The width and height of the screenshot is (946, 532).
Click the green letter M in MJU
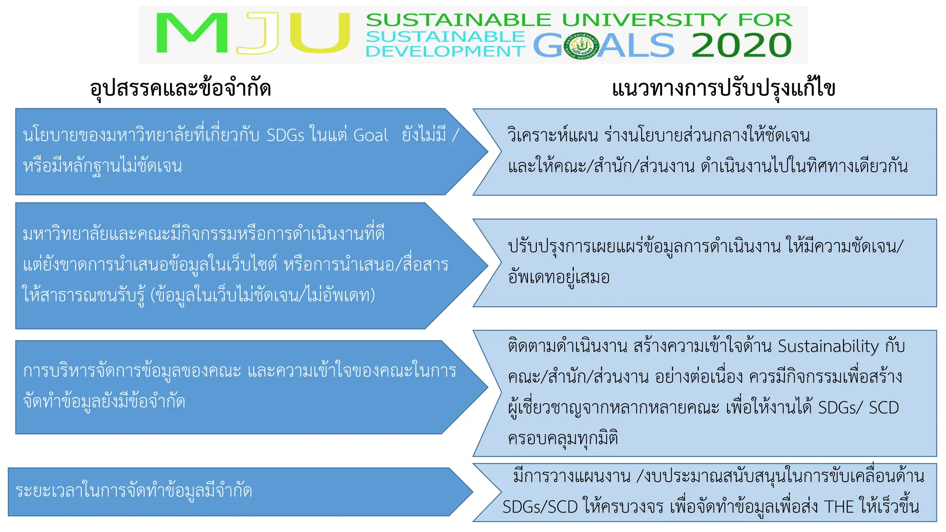(192, 33)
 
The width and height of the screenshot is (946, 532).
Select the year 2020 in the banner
(741, 45)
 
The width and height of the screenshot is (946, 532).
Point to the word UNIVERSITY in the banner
(644, 20)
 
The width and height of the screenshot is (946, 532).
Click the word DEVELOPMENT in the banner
(445, 51)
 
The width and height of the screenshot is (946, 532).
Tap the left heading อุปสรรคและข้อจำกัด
(180, 88)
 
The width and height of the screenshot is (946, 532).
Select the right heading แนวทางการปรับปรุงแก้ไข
(723, 88)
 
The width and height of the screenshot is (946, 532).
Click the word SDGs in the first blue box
(285, 135)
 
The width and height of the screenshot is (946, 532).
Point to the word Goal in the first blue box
(370, 135)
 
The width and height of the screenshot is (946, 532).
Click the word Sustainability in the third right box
(828, 346)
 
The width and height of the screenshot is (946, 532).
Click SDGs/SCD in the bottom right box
(540, 507)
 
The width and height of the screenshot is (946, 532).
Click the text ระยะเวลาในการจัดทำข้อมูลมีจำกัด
(134, 490)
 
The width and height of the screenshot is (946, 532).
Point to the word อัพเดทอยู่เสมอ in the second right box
(559, 277)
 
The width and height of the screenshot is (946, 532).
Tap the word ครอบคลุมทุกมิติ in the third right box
(563, 438)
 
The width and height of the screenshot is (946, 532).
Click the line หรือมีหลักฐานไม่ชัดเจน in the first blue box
(103, 165)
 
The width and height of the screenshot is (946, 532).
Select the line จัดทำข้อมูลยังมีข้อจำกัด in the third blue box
(104, 401)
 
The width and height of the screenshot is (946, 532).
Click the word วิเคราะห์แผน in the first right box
(552, 135)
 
